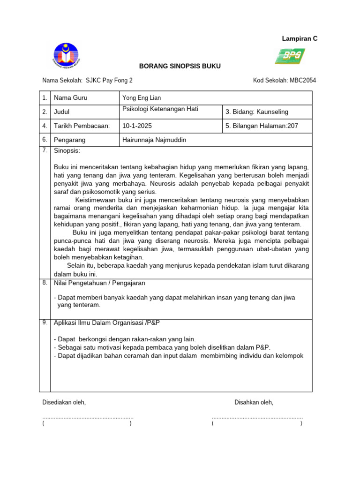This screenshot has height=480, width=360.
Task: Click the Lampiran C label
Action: [300, 38]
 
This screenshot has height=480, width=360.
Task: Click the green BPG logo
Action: [290, 56]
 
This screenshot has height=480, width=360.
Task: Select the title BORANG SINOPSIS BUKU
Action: [180, 66]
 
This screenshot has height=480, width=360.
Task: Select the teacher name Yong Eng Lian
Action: [141, 98]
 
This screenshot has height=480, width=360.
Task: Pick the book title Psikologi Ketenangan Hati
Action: [160, 109]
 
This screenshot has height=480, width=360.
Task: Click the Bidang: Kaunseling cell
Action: [257, 112]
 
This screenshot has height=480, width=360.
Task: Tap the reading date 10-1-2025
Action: [137, 126]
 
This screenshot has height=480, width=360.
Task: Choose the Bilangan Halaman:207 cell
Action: [262, 126]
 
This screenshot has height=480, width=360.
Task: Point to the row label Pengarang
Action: [69, 140]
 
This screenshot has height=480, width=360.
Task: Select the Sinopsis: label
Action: [67, 150]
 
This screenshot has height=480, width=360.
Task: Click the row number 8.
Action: [45, 283]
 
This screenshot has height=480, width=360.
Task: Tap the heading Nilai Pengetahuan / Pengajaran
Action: [100, 283]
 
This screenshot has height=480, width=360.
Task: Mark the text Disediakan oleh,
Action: [64, 402]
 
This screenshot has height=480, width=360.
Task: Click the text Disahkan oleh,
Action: [254, 402]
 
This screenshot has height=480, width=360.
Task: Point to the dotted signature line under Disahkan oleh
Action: [257, 417]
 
